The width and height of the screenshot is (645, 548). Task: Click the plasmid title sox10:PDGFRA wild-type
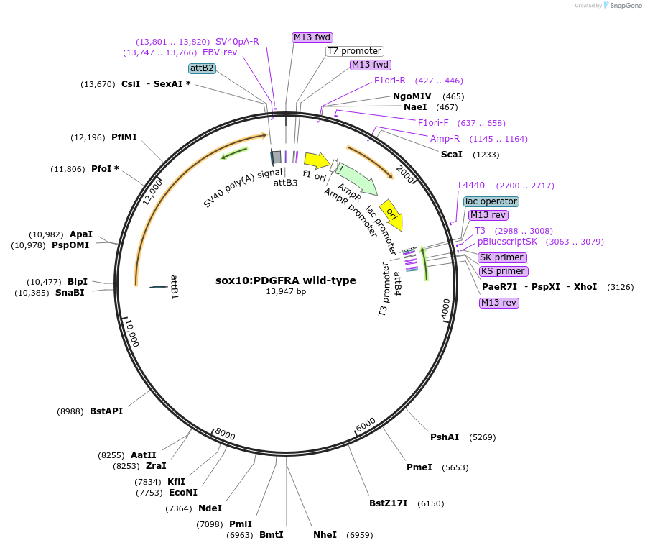(x=286, y=280)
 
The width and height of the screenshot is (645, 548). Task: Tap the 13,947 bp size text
(x=286, y=291)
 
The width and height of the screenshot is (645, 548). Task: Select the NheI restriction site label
(x=325, y=534)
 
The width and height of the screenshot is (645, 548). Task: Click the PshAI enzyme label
(x=445, y=437)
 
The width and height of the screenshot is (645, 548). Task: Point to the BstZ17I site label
(x=388, y=503)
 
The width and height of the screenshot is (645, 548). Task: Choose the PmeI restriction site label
(x=419, y=467)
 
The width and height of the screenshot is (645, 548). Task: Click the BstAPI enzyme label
(x=106, y=411)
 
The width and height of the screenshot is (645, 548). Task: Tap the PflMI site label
(x=124, y=137)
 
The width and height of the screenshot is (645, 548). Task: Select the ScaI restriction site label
(x=452, y=154)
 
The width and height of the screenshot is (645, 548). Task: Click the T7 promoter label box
(x=355, y=51)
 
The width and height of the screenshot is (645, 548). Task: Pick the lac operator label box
(x=491, y=201)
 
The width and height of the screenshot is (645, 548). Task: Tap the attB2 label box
(x=202, y=68)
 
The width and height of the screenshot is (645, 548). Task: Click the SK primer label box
(x=502, y=257)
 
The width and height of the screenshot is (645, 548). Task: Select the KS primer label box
(x=503, y=271)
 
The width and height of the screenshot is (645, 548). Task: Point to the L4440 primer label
(x=472, y=185)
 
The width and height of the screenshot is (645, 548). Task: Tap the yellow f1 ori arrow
(x=316, y=160)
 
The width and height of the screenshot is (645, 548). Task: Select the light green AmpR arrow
(x=357, y=178)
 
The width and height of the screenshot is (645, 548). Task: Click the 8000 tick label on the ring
(x=225, y=434)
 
